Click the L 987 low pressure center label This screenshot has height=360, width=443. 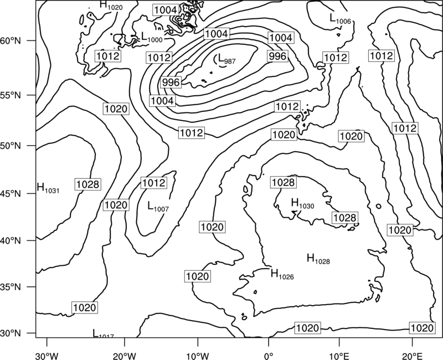point(225,59)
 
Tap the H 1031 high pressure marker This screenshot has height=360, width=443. point(48,188)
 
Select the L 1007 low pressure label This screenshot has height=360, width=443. point(158,206)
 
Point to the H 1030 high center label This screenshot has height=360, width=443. point(302,203)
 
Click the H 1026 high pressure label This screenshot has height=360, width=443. point(282,274)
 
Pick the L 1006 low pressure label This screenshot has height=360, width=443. point(340,19)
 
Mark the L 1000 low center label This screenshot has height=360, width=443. point(152,37)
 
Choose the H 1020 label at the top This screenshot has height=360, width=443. point(111,5)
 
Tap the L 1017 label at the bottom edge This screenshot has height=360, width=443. point(103,333)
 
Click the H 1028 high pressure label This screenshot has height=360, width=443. point(318,259)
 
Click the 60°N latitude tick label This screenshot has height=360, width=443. point(11,41)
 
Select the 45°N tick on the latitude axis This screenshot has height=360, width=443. point(11,194)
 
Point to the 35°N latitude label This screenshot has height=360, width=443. point(11,287)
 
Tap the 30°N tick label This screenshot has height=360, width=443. point(11,333)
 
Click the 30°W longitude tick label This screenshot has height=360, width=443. point(47,356)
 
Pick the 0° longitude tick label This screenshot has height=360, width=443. point(269,356)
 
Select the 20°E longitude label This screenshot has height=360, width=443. point(412,356)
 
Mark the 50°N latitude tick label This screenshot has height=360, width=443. point(11,146)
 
